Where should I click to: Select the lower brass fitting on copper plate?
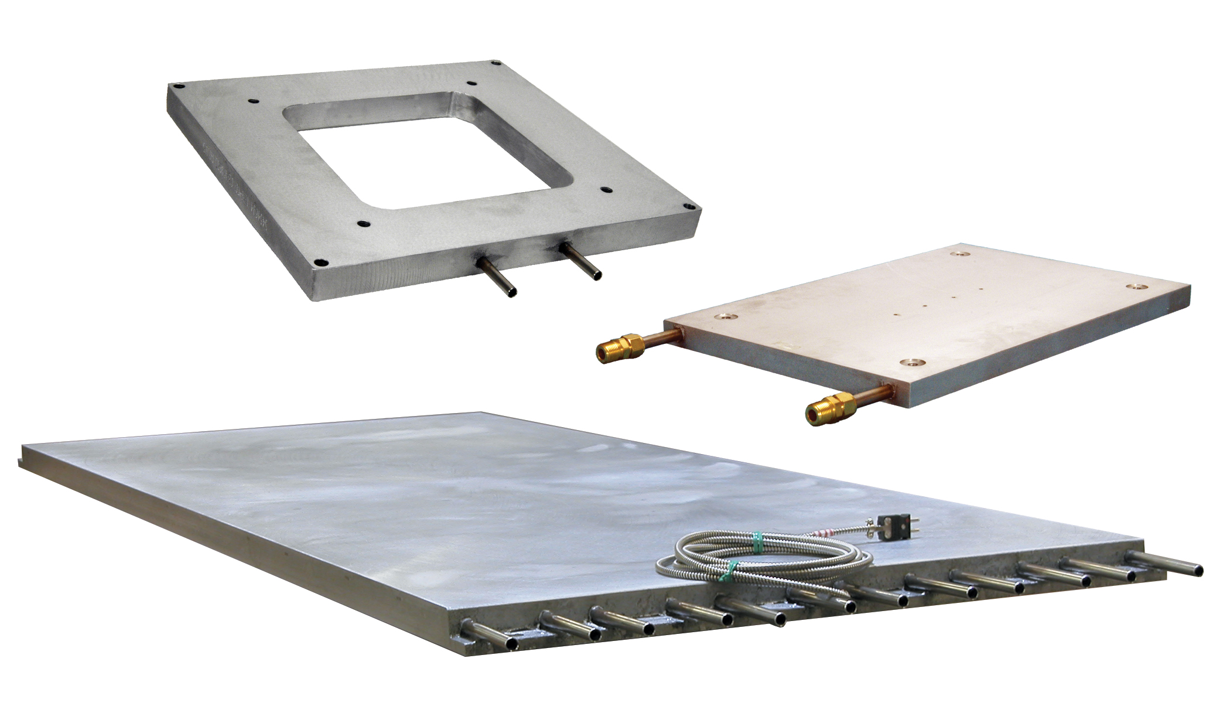point(832,405)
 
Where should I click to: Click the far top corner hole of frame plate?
point(495,64)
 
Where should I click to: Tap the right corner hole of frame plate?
point(691,207)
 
